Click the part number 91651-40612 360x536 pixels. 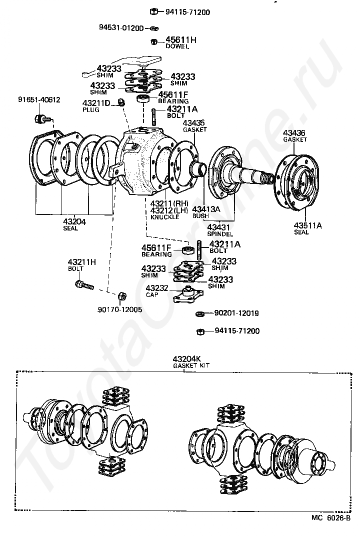coord(39,100)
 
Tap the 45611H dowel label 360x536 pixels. coord(181,42)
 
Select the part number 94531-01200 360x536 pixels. coord(121,27)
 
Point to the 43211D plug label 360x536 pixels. coord(96,106)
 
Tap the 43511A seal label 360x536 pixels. coord(307,228)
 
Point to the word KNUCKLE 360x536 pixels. coord(165,217)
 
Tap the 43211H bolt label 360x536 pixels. coord(81,265)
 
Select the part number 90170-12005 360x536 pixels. coord(119,309)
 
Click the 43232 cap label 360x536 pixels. coord(157,291)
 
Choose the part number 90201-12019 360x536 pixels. coord(236,313)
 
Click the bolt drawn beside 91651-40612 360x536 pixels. coord(42,119)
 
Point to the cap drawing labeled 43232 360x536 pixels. coord(188,294)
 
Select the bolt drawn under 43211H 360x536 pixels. coord(84,285)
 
